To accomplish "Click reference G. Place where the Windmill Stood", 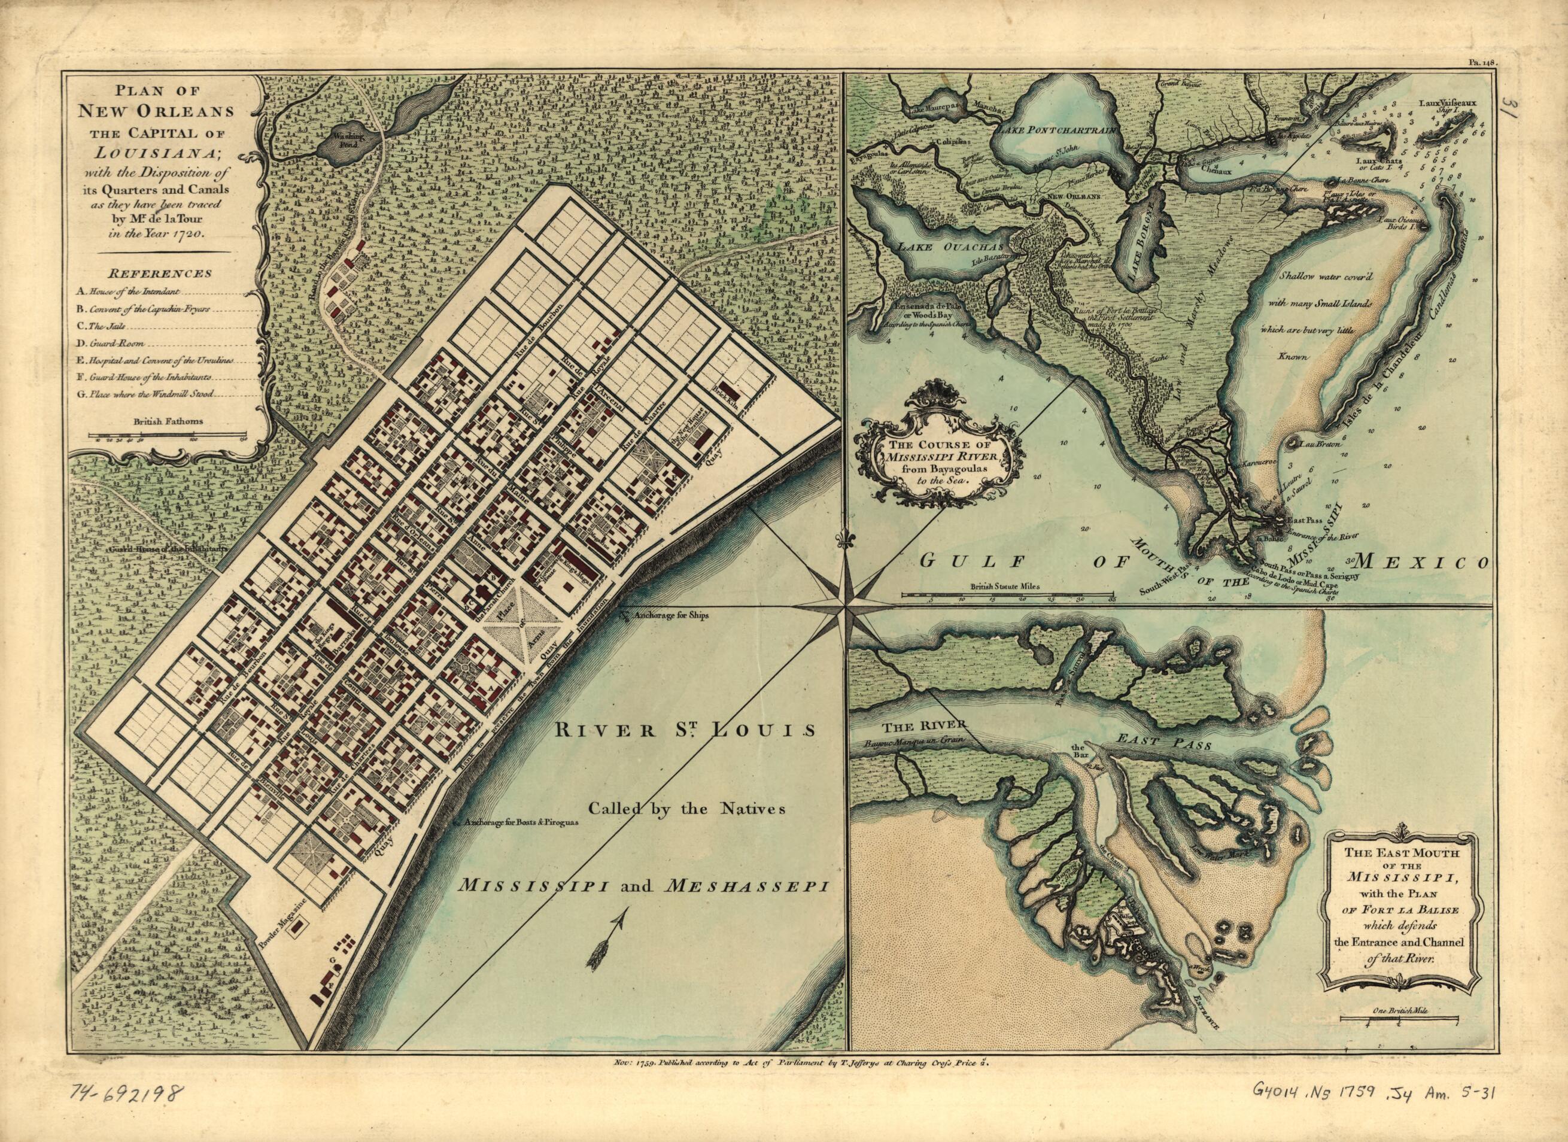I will click(145, 396).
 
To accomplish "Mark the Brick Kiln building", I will click(726, 388).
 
